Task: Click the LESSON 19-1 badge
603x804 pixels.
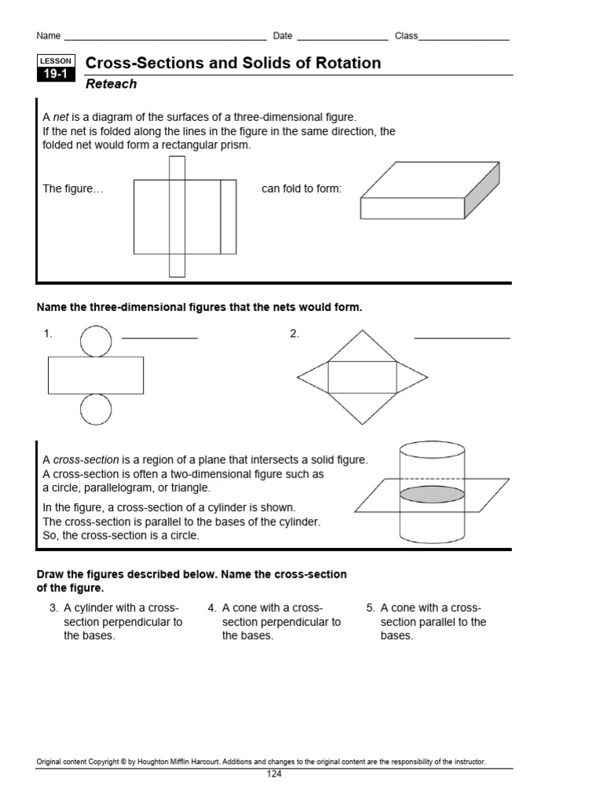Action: coord(56,68)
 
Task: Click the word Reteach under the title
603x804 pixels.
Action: coord(111,84)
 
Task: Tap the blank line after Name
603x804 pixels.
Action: coord(165,38)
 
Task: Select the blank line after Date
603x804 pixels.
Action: coord(342,38)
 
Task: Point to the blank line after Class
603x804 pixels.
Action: coord(464,38)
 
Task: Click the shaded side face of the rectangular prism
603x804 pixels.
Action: coord(482,191)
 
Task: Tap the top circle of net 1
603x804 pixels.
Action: coord(96,341)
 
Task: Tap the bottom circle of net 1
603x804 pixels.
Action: coord(96,410)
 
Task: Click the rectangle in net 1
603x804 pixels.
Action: coord(96,375)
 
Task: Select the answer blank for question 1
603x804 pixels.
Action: coord(160,337)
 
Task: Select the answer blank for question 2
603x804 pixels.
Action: coord(462,337)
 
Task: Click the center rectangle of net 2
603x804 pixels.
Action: coord(362,377)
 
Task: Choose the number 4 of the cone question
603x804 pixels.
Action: coord(212,608)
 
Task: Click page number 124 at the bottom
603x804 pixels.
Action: coord(274,774)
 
